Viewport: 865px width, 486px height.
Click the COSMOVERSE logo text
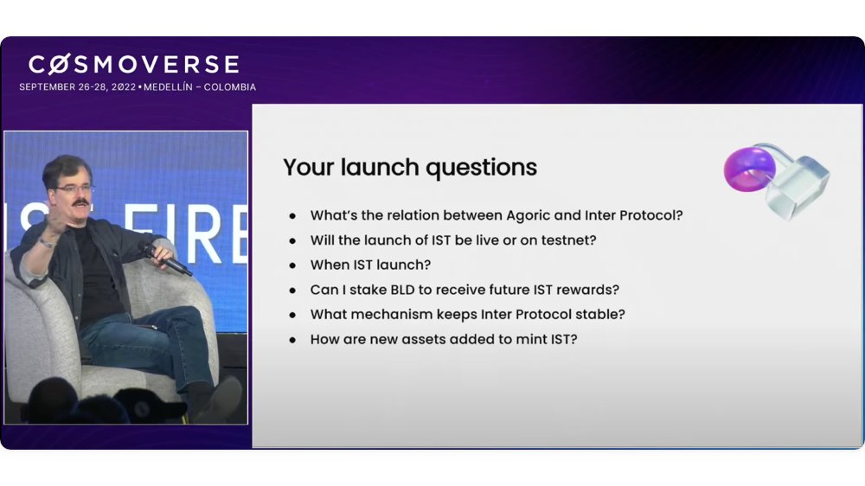[134, 65]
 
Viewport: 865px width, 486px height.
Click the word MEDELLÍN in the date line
[169, 87]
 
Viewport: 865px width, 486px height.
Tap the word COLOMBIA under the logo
[230, 87]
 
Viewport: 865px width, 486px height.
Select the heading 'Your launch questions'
[410, 168]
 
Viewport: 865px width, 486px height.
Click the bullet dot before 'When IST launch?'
[292, 265]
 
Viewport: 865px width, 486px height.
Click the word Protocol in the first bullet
[651, 215]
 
